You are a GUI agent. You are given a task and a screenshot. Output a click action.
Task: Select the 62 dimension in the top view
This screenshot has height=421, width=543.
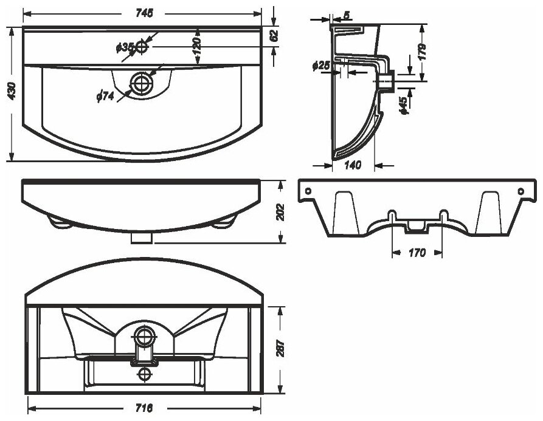point(274,35)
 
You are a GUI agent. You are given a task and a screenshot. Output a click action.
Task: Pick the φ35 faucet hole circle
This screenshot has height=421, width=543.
point(142,46)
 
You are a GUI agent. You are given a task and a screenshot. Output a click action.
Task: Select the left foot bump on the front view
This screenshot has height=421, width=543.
point(60,221)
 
